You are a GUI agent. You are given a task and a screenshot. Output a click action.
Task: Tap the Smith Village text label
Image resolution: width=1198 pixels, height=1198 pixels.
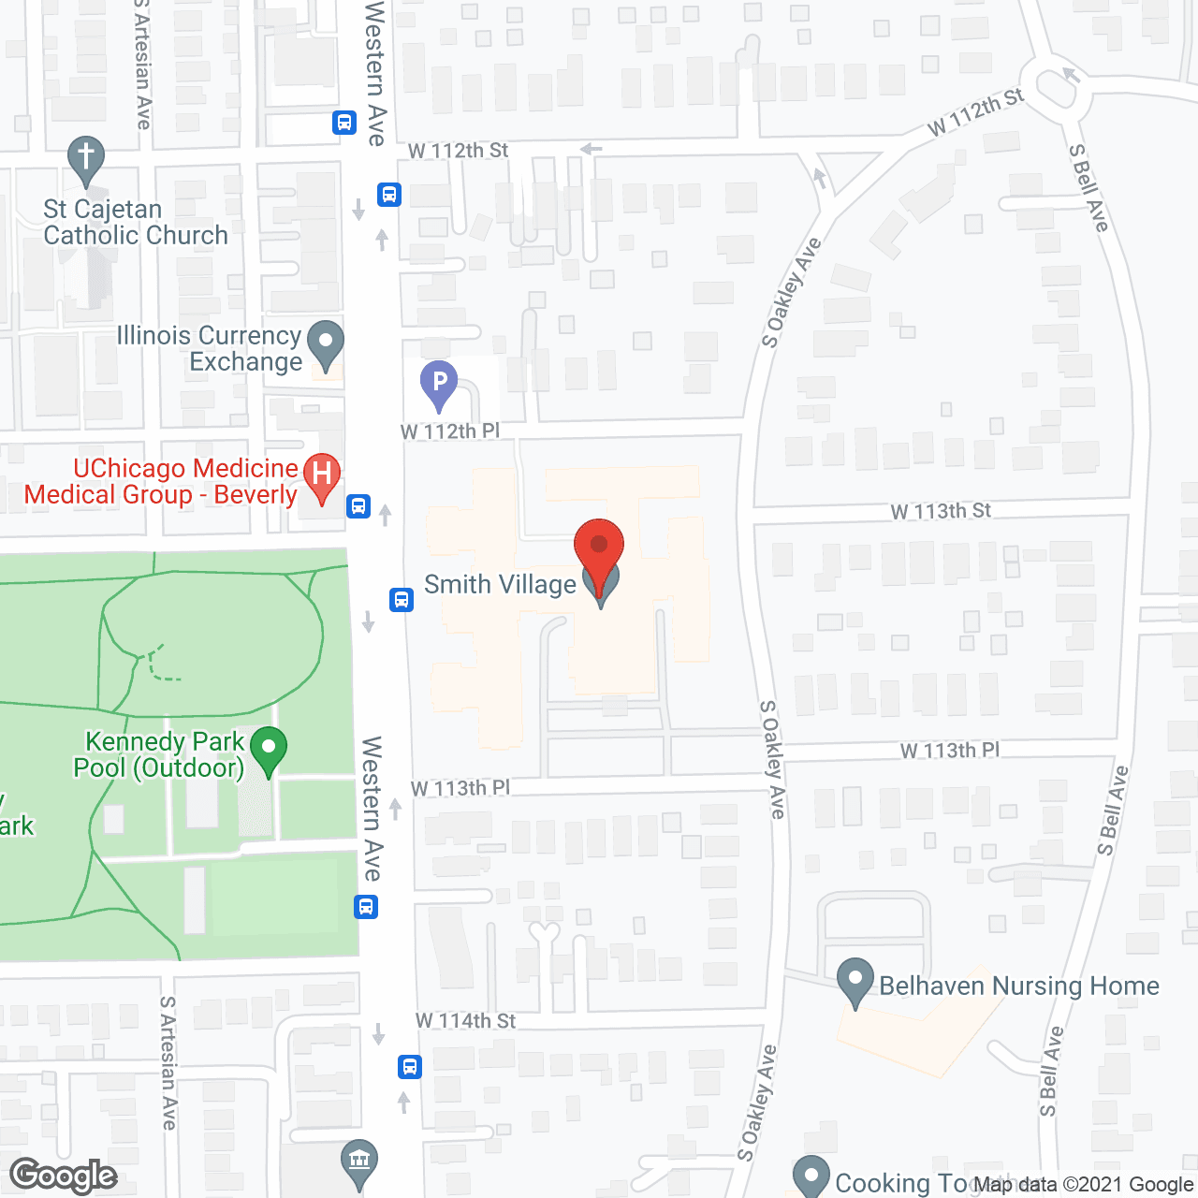[x=500, y=585]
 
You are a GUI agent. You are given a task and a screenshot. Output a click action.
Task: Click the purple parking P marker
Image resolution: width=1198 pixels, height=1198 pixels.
[x=438, y=383]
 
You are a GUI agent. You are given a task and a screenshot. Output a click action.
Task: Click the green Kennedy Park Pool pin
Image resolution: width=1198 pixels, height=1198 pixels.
[x=269, y=750]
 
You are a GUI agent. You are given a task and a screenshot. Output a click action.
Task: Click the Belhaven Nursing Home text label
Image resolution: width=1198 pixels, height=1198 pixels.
[x=1019, y=986]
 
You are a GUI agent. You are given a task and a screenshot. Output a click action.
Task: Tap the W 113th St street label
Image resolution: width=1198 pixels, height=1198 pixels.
[x=941, y=511]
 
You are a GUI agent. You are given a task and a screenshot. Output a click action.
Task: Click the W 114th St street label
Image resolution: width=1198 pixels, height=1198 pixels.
[x=465, y=1020]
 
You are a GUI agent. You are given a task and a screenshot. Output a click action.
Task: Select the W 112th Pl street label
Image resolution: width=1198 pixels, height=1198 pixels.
[x=450, y=431]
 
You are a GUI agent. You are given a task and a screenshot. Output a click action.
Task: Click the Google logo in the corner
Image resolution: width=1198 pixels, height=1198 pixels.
[x=63, y=1176]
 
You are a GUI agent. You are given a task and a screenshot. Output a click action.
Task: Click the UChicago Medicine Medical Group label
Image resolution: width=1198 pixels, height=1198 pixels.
[x=161, y=481]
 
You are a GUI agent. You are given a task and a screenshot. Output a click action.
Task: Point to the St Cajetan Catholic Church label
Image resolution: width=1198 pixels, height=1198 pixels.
[x=136, y=223]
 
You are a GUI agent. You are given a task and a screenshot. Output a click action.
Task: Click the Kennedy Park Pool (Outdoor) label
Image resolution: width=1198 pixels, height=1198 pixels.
[x=160, y=755]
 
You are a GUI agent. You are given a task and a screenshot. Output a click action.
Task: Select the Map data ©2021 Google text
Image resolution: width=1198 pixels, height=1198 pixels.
[x=1083, y=1185]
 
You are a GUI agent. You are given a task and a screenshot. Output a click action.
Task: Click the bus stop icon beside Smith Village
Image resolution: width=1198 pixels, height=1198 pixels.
[x=402, y=599]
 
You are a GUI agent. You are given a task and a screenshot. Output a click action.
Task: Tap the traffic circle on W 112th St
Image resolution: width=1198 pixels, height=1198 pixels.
[x=1055, y=88]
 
